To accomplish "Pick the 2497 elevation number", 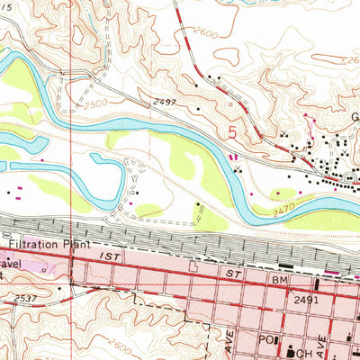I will tap(165, 105).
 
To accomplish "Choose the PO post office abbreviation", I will tap(265, 342).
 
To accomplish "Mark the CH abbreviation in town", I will tap(301, 342).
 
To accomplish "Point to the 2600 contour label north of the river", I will tap(204, 33).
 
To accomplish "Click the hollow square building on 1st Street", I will tap(193, 266).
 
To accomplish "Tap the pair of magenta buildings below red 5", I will tap(234, 159).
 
